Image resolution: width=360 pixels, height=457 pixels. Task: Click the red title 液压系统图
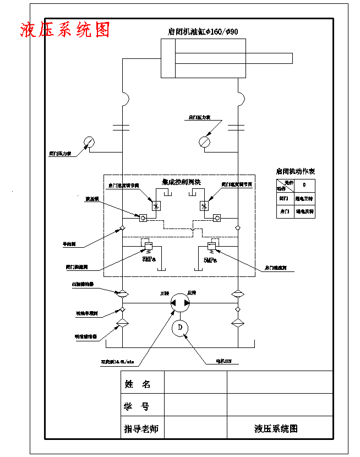[x=65, y=30]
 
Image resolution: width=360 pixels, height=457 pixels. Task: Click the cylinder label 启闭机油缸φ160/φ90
[x=203, y=32]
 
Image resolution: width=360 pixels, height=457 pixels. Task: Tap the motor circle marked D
[x=180, y=329]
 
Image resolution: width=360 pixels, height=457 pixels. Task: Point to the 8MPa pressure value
[x=149, y=259]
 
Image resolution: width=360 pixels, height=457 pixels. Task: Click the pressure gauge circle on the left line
[x=89, y=142]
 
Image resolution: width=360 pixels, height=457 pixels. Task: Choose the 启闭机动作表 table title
[x=296, y=171]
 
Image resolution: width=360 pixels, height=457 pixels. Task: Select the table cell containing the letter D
[x=304, y=184]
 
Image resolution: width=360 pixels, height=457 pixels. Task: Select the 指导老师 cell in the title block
[x=141, y=428]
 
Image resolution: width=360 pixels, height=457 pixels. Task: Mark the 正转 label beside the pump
[x=164, y=293]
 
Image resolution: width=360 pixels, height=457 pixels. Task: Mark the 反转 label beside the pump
[x=192, y=292]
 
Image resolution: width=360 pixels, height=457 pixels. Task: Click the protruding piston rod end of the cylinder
[x=287, y=58]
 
